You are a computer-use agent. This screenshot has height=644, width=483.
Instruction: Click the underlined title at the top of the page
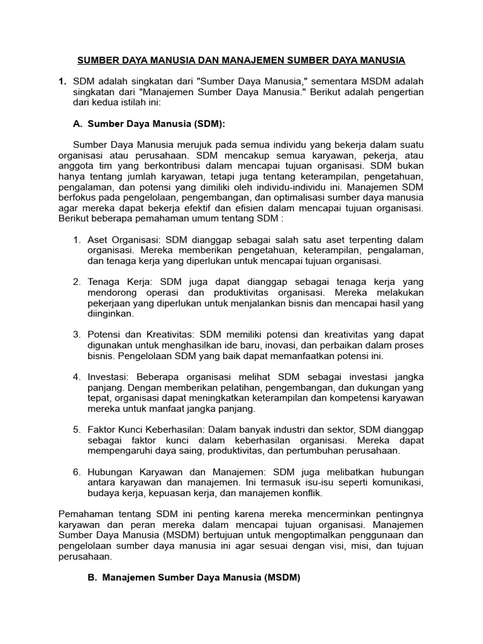241,60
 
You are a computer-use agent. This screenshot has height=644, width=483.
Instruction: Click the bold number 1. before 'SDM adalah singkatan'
62,82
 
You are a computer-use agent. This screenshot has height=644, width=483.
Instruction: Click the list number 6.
76,472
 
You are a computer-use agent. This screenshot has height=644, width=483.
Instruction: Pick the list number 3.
76,334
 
